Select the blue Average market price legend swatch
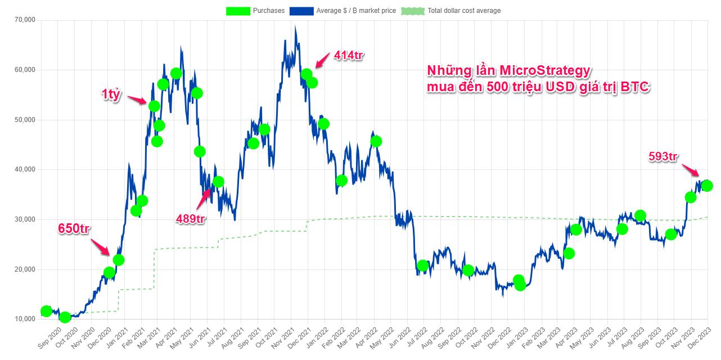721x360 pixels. [302, 11]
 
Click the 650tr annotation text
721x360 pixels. [74, 228]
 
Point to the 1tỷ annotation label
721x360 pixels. [111, 94]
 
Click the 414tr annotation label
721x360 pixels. [349, 55]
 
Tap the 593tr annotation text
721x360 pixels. [663, 157]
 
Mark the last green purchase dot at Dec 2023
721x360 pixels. [707, 186]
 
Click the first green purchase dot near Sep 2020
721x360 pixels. [46, 311]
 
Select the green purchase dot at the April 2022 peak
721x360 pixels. [376, 141]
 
